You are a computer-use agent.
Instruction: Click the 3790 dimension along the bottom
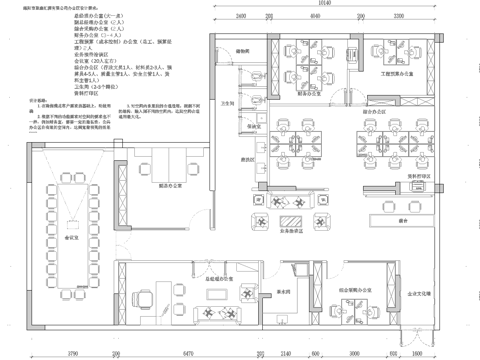coord(72,353)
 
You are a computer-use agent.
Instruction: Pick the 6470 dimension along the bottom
coord(190,353)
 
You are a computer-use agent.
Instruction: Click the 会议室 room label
coord(72,240)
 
